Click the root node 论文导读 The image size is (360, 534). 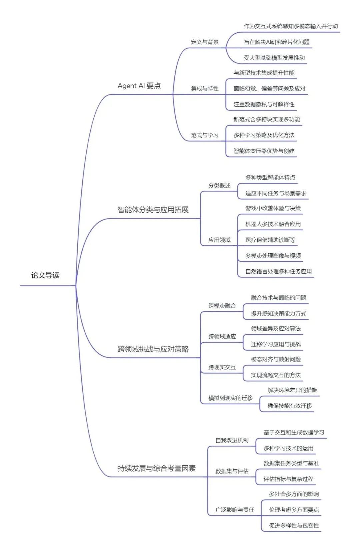point(45,275)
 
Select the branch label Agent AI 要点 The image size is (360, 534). point(139,86)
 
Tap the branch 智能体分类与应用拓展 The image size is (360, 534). point(153,210)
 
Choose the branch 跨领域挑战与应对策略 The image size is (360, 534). point(153,349)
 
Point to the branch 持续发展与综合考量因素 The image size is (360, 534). point(156,468)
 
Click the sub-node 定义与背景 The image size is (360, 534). point(205,42)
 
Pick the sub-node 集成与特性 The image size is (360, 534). point(205,89)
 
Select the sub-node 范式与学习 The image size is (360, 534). point(205,135)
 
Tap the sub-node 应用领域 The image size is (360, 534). point(219,240)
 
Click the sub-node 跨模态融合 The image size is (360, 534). point(222,306)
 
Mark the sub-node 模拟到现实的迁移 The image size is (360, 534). point(230,398)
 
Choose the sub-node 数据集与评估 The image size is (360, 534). point(232,471)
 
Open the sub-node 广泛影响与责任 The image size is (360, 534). point(235,510)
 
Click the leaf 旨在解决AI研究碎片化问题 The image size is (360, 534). point(277,42)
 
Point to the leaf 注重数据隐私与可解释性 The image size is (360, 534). point(264,104)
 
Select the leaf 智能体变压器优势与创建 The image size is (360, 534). point(264,151)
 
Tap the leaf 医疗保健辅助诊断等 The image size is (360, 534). point(270,240)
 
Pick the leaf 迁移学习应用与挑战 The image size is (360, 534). point(276,344)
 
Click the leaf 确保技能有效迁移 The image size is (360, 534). point(290,406)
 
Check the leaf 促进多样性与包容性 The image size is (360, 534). point(294,526)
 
